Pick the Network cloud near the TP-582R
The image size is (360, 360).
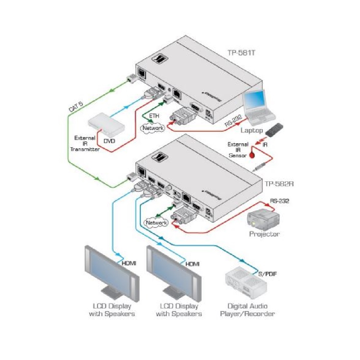point(156,223)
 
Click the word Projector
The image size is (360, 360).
point(265,234)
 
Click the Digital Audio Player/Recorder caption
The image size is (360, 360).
point(247,310)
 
